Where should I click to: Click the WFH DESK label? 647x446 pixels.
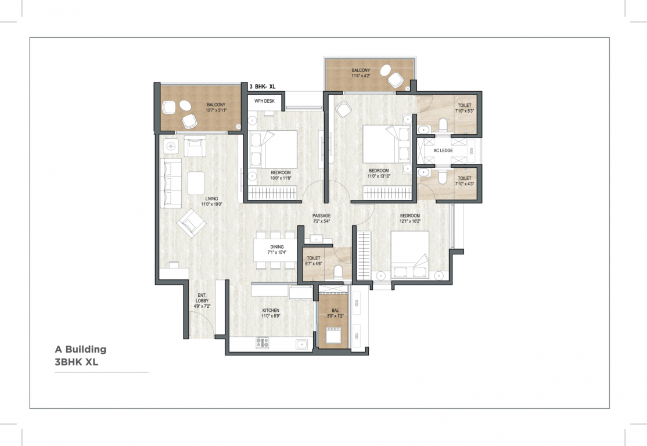coord(264,101)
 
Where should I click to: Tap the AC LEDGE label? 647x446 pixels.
coord(443,150)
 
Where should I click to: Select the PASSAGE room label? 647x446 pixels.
coord(321,216)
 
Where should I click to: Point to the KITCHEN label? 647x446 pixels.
coord(271,310)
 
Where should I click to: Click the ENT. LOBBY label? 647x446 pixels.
coord(202,298)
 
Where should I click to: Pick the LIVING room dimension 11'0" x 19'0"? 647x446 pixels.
coord(211,204)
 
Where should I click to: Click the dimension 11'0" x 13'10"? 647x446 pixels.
coord(379,176)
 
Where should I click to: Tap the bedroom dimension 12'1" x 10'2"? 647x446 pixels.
coord(409,221)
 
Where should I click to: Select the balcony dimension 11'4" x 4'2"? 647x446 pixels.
coord(361,76)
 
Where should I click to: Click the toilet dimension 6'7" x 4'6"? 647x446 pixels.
coord(314,264)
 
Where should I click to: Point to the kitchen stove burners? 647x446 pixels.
coord(263,343)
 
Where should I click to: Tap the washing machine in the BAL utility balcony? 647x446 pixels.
coord(333,335)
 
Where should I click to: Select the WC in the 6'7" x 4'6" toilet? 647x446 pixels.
coord(339,272)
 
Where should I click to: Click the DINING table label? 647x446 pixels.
coord(277,247)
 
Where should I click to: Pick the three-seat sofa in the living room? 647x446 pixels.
coord(171,182)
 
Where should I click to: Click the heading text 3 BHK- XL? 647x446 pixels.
coord(262,87)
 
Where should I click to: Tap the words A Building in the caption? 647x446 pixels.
coord(81,350)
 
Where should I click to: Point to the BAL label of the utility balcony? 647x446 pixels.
coord(335,311)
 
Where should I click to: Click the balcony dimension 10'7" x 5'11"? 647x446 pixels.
coord(216,110)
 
